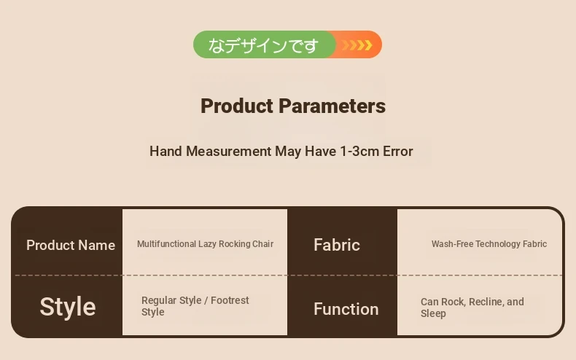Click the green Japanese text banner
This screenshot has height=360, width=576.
263,44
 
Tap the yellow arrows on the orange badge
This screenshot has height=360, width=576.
357,44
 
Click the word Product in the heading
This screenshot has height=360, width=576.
237,106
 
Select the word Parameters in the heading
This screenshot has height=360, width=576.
332,106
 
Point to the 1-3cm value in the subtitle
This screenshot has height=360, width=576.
359,152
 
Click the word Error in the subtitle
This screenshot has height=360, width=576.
398,152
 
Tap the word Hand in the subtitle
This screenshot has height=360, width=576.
166,152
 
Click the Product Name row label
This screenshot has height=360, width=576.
71,245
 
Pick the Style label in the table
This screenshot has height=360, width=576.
68,307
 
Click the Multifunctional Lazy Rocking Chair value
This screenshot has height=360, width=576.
205,244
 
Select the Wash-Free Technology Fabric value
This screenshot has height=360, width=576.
489,244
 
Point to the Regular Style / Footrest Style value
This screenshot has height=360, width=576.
195,306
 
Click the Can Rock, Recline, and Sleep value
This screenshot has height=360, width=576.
472,308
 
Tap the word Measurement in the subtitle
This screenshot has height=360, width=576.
228,152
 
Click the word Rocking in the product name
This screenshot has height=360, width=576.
230,244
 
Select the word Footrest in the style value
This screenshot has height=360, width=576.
230,300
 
